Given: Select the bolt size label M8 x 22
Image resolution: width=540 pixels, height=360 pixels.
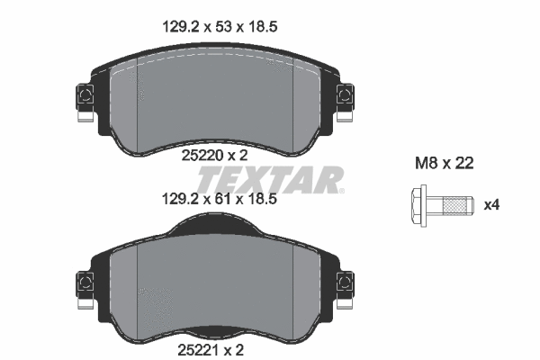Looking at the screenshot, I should click(x=444, y=164).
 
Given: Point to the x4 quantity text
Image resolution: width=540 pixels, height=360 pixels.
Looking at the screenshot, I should click(x=491, y=205).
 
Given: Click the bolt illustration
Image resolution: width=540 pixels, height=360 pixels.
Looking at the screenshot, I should click(x=440, y=205).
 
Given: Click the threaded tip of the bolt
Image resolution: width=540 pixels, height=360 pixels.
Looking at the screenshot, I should click(x=459, y=206).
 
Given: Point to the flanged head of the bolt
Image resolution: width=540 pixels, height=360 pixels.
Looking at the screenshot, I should click(x=418, y=205).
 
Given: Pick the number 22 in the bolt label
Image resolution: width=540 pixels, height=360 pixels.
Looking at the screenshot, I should click(x=463, y=164).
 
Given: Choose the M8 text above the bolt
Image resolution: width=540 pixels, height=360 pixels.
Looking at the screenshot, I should click(x=426, y=164).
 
